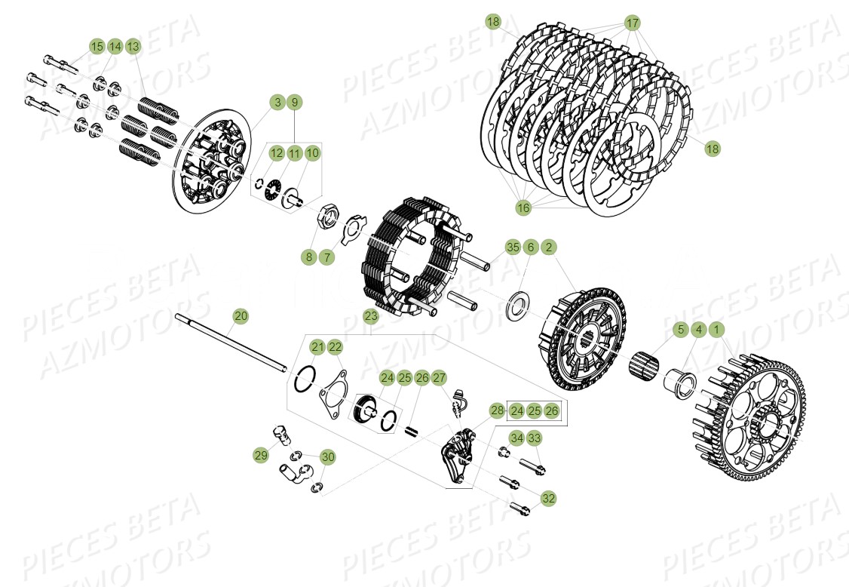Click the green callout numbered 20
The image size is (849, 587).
coord(241,315)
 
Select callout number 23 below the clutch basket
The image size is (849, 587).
coord(371,315)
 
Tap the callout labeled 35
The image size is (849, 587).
coord(513,247)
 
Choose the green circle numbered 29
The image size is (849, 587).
coord(261,455)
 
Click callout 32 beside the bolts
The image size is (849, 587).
coord(549,498)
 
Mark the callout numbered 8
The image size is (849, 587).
coord(308,257)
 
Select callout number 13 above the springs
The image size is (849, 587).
coord(133,47)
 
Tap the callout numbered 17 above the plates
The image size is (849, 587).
coord(632,23)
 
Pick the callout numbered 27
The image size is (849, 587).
coord(440,377)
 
